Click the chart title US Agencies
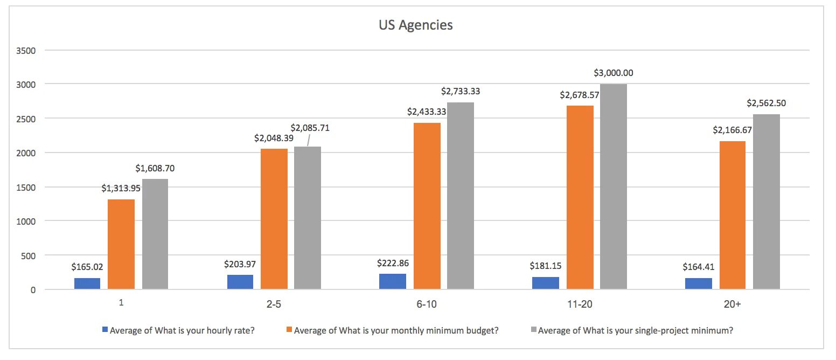[x=415, y=25]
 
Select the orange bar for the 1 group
[x=121, y=244]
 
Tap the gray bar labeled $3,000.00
[x=614, y=186]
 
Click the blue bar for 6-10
[x=393, y=281]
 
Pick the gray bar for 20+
[x=767, y=202]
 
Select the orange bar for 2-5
[x=274, y=219]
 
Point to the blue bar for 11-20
[x=546, y=283]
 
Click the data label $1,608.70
[x=155, y=168]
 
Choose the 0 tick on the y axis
[x=33, y=289]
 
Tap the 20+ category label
[x=732, y=304]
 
